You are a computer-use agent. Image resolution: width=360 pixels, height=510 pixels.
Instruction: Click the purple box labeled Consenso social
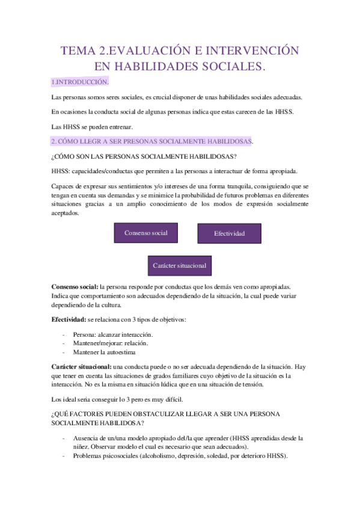(146, 233)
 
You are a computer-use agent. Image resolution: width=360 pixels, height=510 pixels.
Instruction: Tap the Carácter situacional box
(180, 265)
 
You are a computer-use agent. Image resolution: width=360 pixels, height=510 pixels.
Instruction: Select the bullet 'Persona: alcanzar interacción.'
(112, 334)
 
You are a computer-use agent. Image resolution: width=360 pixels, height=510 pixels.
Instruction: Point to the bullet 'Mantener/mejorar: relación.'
(110, 343)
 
